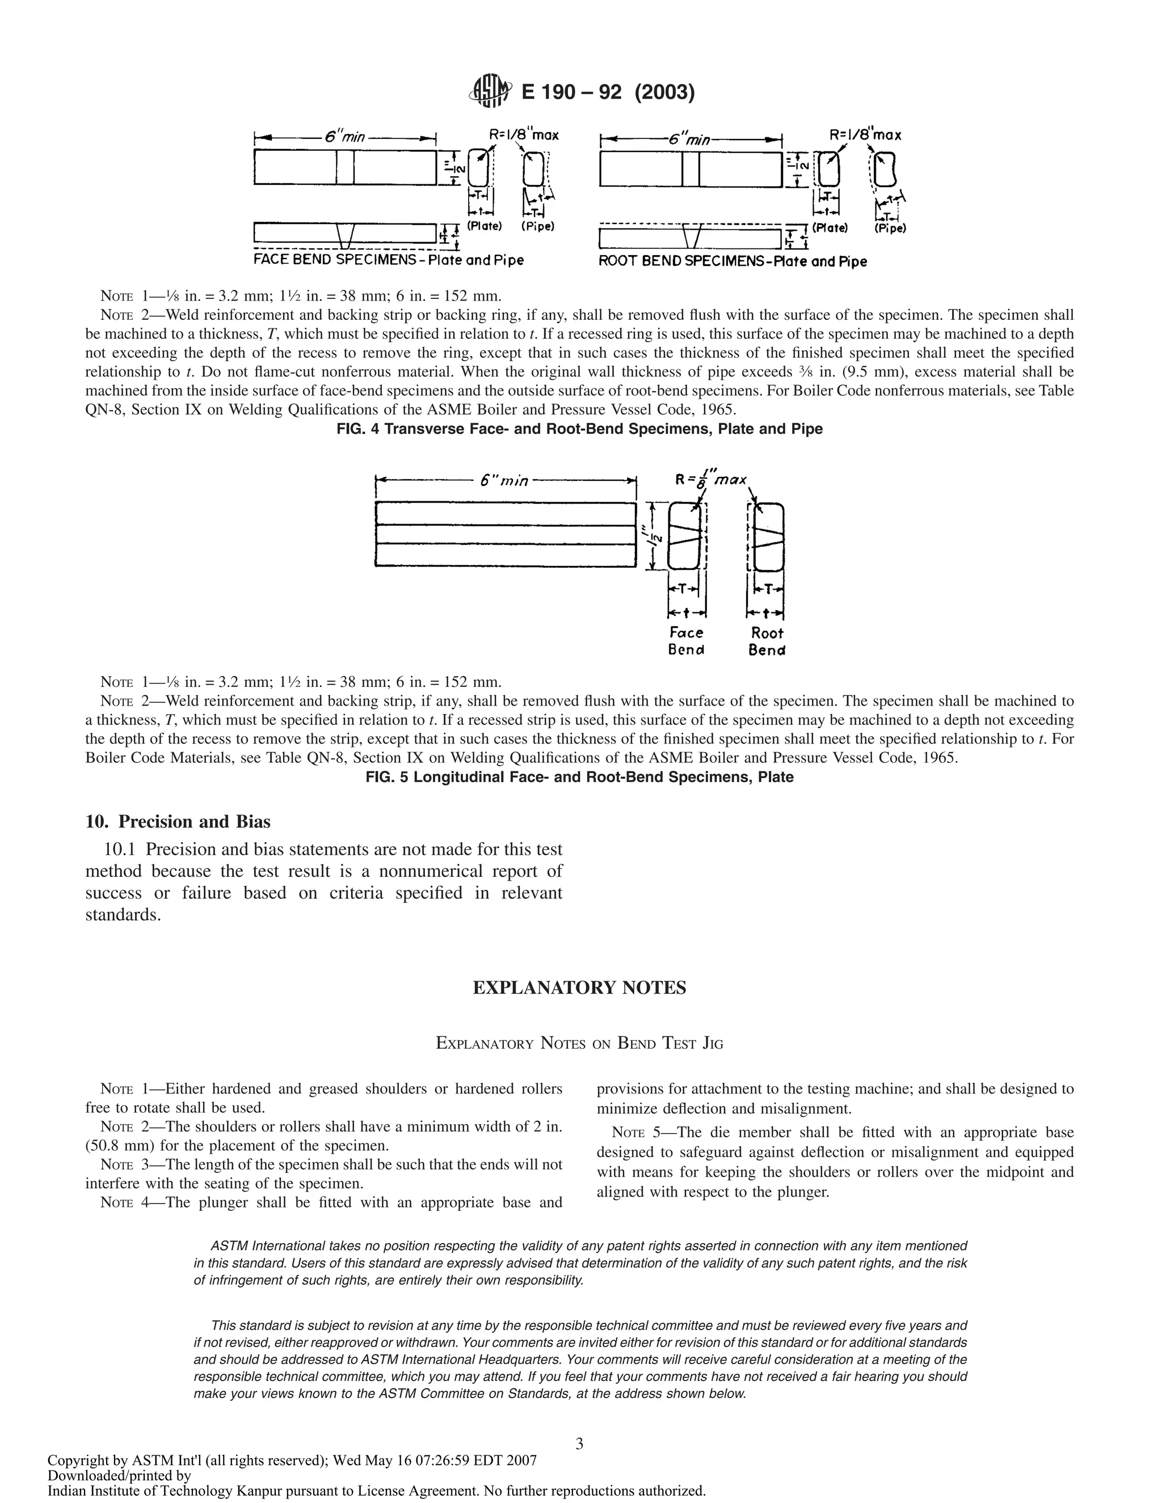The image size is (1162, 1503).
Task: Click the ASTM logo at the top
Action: [x=490, y=91]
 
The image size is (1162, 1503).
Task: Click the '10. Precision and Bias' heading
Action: [x=178, y=822]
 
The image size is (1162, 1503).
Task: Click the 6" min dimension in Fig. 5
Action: [x=504, y=480]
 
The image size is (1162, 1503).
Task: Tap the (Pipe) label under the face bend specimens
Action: [x=538, y=226]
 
